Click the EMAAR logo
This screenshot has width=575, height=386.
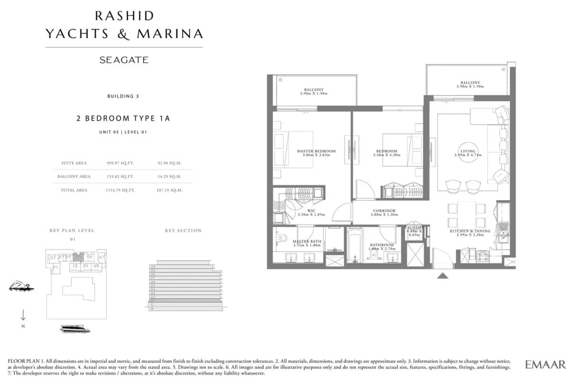click(x=545, y=364)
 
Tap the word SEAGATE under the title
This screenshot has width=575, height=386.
click(x=124, y=60)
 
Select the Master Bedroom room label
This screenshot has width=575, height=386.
click(x=316, y=151)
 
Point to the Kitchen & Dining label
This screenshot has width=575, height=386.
click(x=470, y=232)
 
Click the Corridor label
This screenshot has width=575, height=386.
click(x=384, y=211)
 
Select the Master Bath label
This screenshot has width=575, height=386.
click(x=307, y=241)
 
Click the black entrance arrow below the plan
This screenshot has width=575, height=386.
click(x=443, y=275)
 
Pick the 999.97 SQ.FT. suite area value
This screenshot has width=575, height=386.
click(x=120, y=163)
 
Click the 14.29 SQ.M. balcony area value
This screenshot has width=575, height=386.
click(x=169, y=176)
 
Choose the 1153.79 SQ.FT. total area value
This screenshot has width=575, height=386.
click(x=120, y=190)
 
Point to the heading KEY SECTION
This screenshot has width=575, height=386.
click(x=183, y=231)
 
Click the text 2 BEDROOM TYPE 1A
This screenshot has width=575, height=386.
click(x=123, y=118)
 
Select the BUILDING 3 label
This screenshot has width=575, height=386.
click(x=123, y=96)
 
